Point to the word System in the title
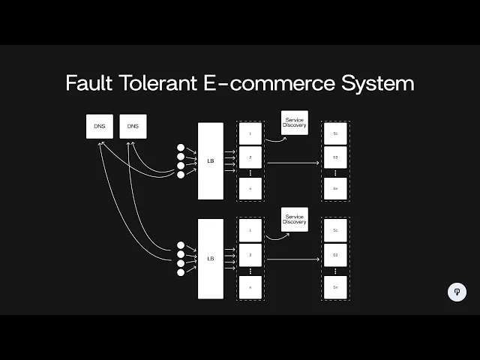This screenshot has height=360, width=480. [377, 82]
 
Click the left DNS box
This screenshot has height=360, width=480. [100, 127]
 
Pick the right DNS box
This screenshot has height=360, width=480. [133, 127]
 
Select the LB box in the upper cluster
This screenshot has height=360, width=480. [211, 161]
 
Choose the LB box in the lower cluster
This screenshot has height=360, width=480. [211, 259]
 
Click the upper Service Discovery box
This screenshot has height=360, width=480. [295, 123]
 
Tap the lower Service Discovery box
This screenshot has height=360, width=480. [295, 219]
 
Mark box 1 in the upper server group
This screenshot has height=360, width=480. [250, 133]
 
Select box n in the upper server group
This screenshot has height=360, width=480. [250, 189]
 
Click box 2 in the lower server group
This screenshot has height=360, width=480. [250, 255]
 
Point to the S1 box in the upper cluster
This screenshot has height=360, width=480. [335, 133]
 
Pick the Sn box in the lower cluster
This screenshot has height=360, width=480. [335, 287]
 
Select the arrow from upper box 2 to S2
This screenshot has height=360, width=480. [292, 161]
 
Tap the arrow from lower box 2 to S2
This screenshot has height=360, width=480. [292, 259]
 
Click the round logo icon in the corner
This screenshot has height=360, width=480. [457, 292]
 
